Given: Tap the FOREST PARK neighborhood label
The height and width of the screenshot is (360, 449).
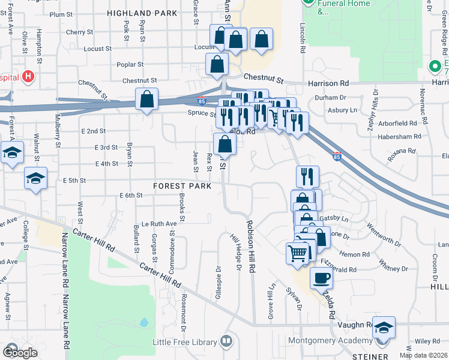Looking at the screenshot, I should click(x=182, y=186).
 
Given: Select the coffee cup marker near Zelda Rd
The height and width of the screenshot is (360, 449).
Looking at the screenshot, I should click(x=321, y=278).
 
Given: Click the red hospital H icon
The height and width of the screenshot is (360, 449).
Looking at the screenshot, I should click(x=28, y=77).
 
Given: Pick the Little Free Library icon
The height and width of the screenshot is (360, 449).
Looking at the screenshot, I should click(x=226, y=342).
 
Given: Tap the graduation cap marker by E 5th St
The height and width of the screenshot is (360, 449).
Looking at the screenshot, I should click(x=35, y=178).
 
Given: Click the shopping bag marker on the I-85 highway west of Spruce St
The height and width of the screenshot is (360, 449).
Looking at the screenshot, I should click(x=146, y=99).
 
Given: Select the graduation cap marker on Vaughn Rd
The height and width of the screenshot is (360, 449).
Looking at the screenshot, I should click(x=384, y=328).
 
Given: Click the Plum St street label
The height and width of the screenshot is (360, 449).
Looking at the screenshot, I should click(x=61, y=14).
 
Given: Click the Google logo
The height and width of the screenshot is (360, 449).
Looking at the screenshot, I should click(x=20, y=352).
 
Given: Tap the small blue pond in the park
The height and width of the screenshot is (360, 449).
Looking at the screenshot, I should click(x=144, y=323).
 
